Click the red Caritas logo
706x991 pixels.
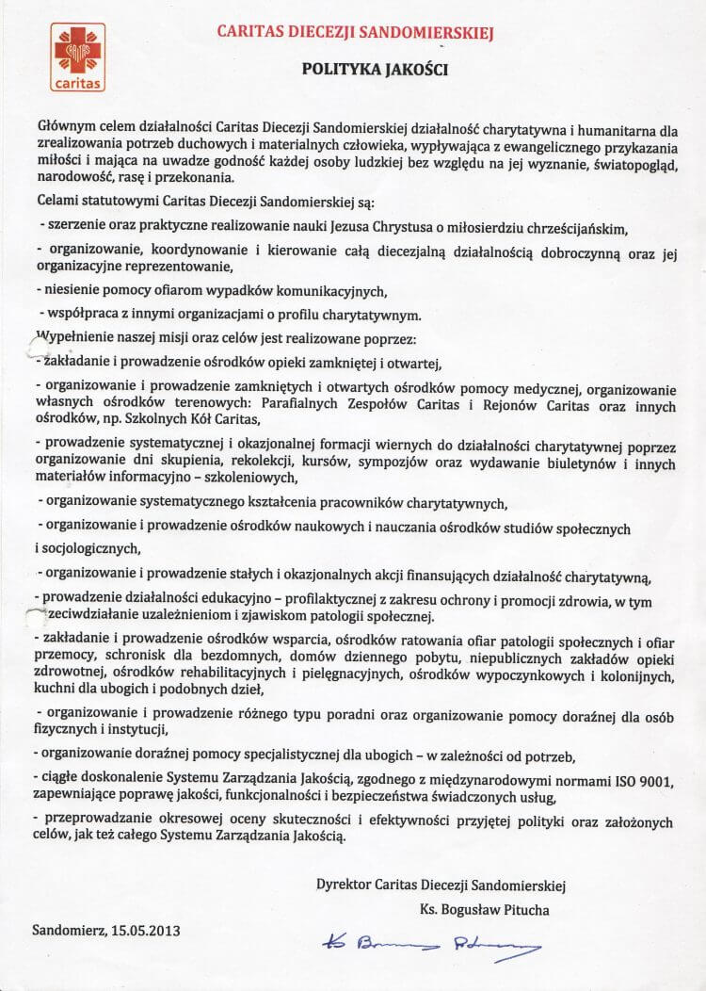(78, 57)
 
